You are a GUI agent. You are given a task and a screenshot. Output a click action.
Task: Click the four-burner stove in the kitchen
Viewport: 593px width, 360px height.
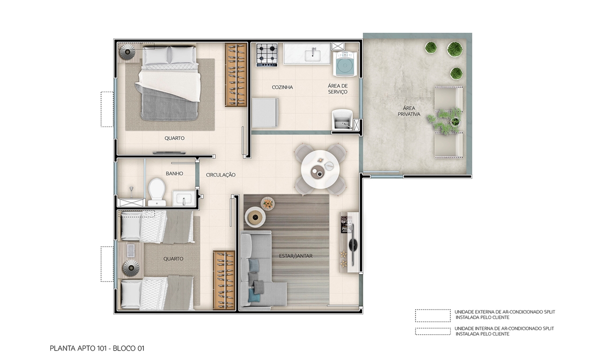tap(267, 55)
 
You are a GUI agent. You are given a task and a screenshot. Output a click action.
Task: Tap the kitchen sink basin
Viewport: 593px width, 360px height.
tap(312, 55)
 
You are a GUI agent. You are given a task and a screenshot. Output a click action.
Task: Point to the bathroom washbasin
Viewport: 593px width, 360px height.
tap(184, 198)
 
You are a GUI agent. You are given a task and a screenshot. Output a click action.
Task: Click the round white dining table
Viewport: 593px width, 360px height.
tap(320, 169)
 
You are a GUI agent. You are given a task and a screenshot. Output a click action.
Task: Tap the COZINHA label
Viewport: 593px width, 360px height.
tap(282, 87)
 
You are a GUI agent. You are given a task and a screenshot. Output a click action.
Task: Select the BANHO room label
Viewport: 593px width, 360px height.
tap(174, 174)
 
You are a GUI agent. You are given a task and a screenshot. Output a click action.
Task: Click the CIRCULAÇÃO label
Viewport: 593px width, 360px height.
tap(220, 175)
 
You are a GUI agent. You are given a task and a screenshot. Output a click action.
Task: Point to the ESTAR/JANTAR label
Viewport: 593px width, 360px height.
tap(296, 256)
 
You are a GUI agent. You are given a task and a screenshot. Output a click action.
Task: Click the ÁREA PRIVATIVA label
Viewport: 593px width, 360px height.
tap(409, 111)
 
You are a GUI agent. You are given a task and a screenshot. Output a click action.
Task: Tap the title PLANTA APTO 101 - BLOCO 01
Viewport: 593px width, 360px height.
tap(97, 348)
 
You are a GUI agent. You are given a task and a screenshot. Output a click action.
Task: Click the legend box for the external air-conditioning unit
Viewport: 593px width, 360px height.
tap(433, 316)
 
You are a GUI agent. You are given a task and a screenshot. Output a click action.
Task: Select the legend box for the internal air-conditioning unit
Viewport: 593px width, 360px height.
tap(433, 331)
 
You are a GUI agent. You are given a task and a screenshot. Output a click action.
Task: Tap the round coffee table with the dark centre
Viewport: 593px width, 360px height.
tap(255, 217)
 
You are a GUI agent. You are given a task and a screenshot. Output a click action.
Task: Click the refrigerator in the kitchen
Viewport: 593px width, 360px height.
tap(265, 113)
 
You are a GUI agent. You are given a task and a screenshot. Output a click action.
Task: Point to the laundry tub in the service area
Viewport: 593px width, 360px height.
tap(342, 120)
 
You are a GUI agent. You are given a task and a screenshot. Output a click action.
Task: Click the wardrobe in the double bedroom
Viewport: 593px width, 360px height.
tap(236, 75)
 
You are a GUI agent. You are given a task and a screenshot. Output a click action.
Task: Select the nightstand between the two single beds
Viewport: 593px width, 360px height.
tap(130, 260)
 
